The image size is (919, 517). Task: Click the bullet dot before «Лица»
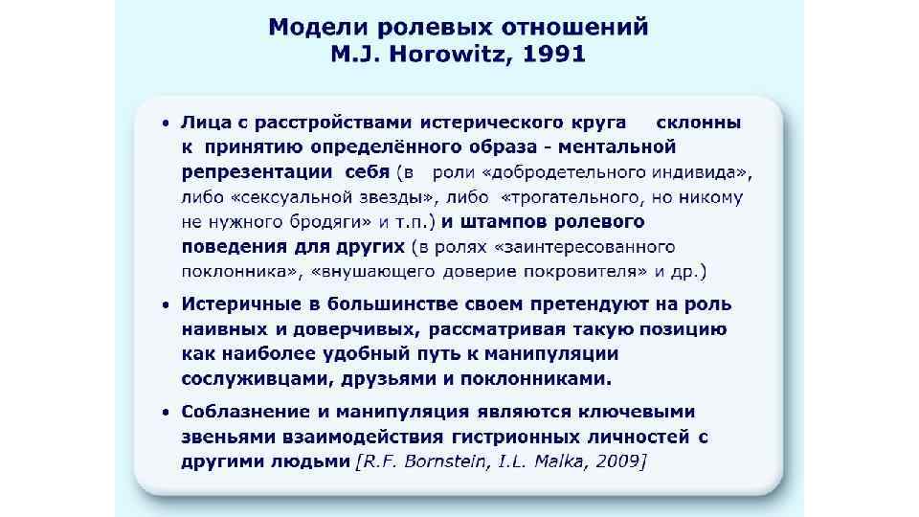(x=165, y=124)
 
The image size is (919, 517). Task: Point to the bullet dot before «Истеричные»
(x=165, y=305)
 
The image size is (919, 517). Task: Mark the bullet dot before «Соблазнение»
(x=165, y=413)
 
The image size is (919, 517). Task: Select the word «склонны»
(x=698, y=123)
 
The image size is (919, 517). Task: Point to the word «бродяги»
(x=317, y=222)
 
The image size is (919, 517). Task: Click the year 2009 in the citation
(x=619, y=461)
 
